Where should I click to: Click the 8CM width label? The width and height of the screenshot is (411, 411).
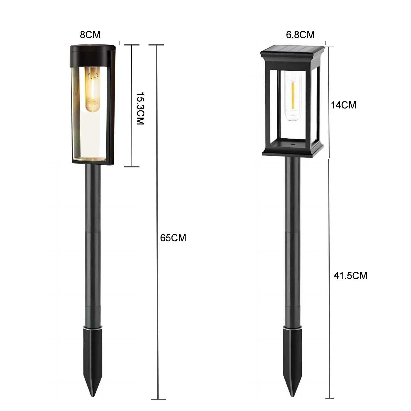(x=90, y=35)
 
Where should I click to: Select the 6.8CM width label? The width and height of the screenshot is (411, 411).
(x=300, y=35)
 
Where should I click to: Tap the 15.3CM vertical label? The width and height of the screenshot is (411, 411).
(x=140, y=109)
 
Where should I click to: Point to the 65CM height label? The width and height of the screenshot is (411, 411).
(x=173, y=238)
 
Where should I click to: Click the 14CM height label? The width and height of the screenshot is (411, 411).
(x=344, y=105)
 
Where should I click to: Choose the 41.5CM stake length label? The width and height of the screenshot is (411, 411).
(x=350, y=275)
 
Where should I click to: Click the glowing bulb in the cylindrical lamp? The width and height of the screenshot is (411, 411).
(x=93, y=89)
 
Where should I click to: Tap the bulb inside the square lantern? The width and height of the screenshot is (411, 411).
(x=293, y=96)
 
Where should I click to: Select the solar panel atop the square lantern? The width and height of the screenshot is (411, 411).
(x=293, y=49)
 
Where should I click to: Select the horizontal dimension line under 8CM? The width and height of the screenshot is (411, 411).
(x=92, y=43)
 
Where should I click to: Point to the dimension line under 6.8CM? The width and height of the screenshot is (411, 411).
(x=298, y=43)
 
